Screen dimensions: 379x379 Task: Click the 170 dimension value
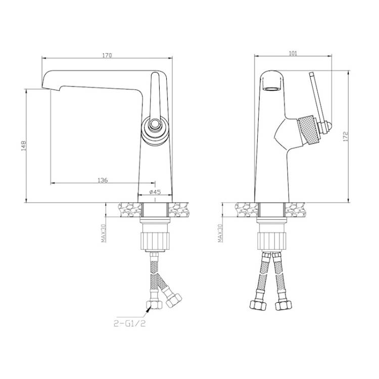pyautogui.click(x=107, y=55)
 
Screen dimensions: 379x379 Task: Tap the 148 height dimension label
pyautogui.click(x=23, y=146)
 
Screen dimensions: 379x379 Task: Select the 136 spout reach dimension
pyautogui.click(x=103, y=180)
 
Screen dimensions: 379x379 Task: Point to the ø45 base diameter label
pyautogui.click(x=155, y=192)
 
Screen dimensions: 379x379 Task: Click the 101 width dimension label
pyautogui.click(x=293, y=54)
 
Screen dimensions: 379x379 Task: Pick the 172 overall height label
pyautogui.click(x=346, y=136)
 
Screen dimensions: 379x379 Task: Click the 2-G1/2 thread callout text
pyautogui.click(x=130, y=323)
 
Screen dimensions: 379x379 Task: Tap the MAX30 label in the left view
pyautogui.click(x=104, y=233)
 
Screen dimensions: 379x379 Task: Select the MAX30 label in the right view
pyautogui.click(x=220, y=233)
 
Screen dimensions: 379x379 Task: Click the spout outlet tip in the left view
pyautogui.click(x=51, y=89)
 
